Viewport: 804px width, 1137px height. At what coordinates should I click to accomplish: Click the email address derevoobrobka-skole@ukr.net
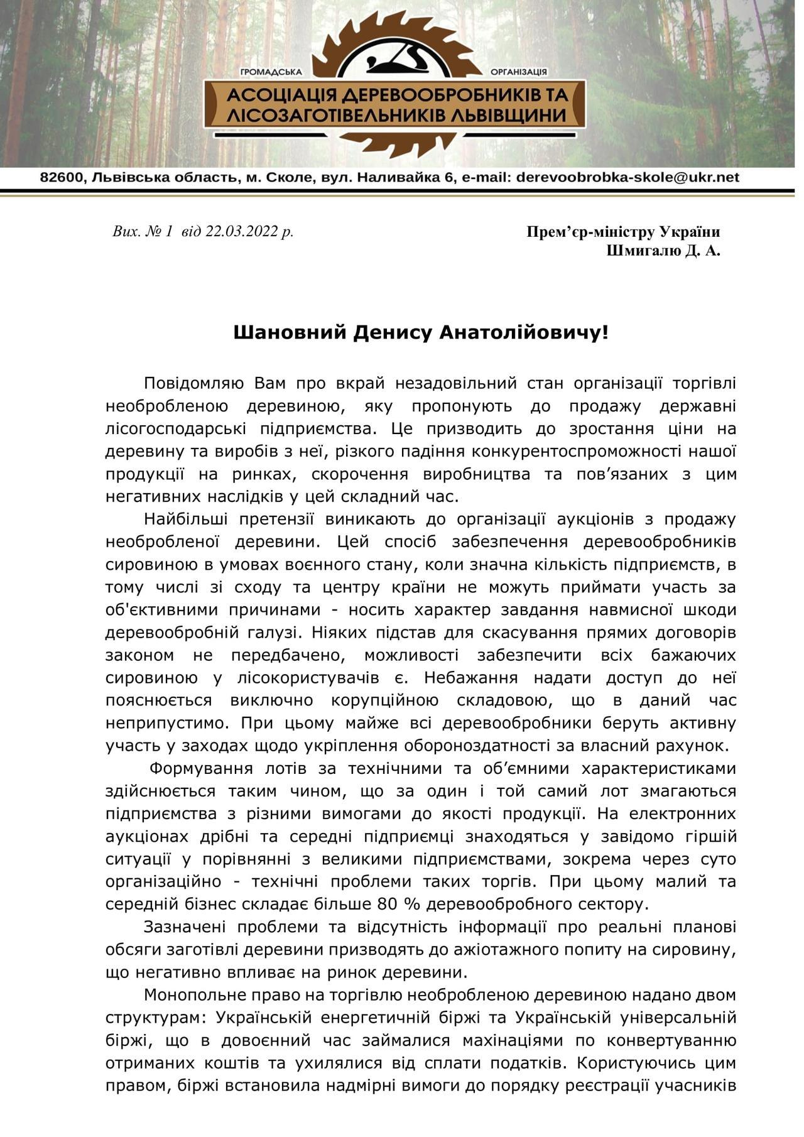(x=627, y=178)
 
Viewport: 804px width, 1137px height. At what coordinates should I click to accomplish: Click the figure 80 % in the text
(x=394, y=904)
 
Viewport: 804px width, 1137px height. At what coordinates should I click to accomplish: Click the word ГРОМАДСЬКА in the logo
(x=271, y=73)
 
